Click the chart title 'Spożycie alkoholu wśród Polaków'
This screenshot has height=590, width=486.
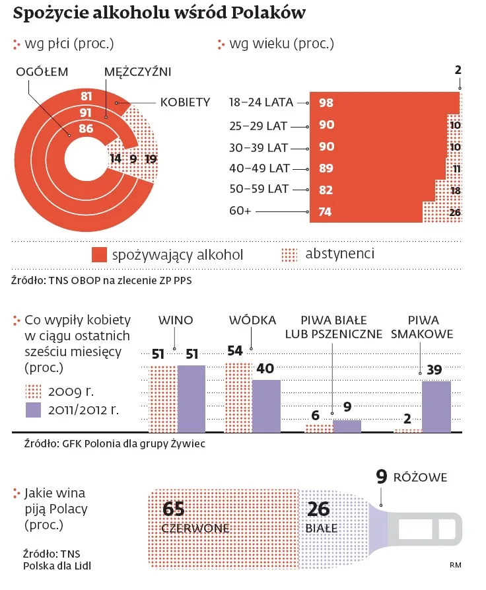159,14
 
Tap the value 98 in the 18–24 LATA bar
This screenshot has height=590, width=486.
326,103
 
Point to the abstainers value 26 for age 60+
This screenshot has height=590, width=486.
454,213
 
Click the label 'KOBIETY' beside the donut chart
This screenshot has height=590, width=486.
185,102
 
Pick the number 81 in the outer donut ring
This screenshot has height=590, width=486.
86,96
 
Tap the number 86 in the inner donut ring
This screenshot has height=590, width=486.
86,129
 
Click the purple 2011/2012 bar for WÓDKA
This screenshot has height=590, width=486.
266,406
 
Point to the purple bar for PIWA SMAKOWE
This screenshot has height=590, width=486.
436,406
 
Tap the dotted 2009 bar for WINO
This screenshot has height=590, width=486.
163,399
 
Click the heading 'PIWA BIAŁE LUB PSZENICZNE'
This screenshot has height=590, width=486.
333,327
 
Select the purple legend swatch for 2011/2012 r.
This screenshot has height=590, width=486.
33,410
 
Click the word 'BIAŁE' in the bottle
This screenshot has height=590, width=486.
322,529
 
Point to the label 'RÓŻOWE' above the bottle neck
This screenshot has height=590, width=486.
421,477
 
